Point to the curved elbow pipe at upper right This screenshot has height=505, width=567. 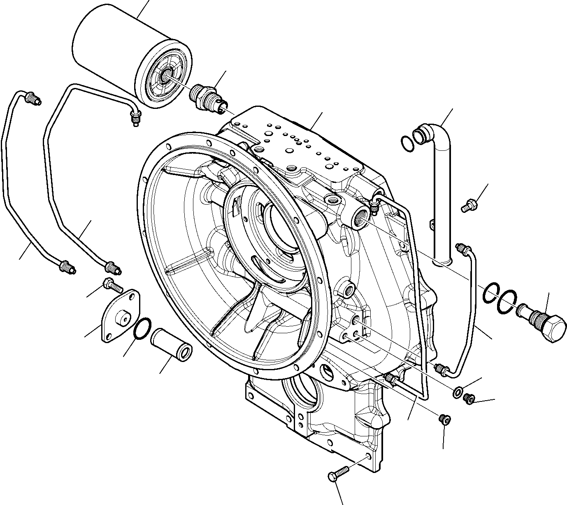point(440,185)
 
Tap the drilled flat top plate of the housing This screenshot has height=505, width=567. point(296,144)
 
